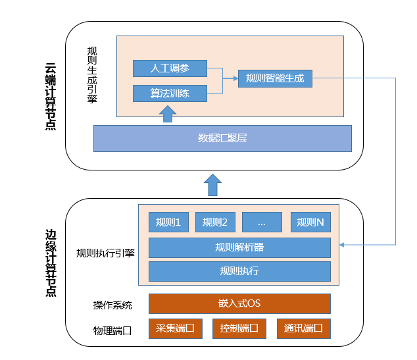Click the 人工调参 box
170,68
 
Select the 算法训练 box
170,93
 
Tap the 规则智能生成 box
275,79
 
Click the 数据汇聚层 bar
222,138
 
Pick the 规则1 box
169,222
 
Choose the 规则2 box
215,222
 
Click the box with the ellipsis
262,222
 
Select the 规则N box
310,222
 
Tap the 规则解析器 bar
239,247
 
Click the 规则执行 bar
239,271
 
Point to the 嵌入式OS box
239,303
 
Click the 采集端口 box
174,328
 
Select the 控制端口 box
239,328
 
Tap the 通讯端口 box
304,328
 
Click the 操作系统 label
112,305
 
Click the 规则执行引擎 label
105,253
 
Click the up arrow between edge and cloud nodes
212,185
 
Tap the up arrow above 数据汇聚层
168,115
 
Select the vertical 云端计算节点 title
50,97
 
